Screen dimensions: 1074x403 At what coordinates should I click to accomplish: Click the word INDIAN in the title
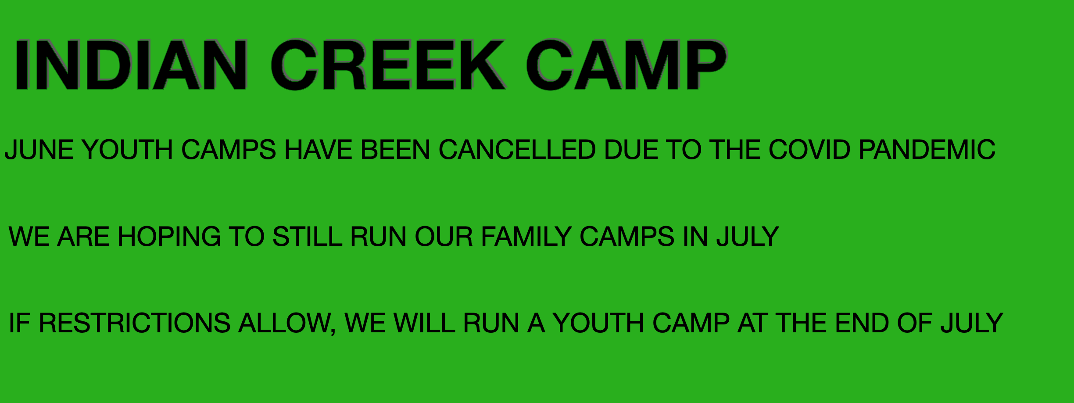pyautogui.click(x=131, y=65)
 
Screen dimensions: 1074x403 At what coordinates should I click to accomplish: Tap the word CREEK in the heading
pyautogui.click(x=388, y=65)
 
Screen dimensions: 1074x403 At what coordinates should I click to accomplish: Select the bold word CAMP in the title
pyautogui.click(x=627, y=65)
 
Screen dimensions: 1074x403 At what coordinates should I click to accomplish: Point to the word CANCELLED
pyautogui.click(x=517, y=150)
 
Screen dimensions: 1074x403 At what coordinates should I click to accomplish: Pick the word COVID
pyautogui.click(x=810, y=150)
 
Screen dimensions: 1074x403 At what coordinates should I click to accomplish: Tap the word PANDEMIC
pyautogui.click(x=927, y=150)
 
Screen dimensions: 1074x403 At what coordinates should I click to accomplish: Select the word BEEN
pyautogui.click(x=395, y=150)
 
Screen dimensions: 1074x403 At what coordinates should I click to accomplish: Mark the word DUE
pyautogui.click(x=631, y=150)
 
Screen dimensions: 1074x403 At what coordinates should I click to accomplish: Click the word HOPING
pyautogui.click(x=169, y=237)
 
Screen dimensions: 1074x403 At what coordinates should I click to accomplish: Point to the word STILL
pyautogui.click(x=307, y=237)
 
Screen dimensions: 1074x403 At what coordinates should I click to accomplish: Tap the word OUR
pyautogui.click(x=444, y=237)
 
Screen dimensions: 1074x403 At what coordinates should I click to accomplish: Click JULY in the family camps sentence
pyautogui.click(x=748, y=237)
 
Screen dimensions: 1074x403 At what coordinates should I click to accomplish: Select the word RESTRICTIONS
pyautogui.click(x=135, y=323)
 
